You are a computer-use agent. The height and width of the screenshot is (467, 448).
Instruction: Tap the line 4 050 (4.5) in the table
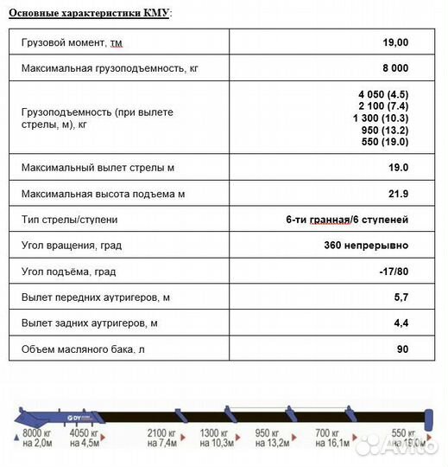[x=382, y=93]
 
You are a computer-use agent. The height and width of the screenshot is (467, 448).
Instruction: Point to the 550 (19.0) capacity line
[x=385, y=142]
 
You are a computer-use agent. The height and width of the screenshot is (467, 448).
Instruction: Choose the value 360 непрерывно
[x=361, y=246]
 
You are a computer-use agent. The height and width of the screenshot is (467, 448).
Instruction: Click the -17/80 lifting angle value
[x=394, y=272]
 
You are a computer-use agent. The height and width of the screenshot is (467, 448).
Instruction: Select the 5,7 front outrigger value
[x=401, y=297]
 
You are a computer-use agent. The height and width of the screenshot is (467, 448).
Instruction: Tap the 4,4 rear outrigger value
[x=401, y=323]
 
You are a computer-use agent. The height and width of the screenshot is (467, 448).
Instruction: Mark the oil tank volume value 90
[x=402, y=349]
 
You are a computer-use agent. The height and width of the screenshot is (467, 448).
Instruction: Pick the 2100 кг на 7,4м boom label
[x=161, y=438]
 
